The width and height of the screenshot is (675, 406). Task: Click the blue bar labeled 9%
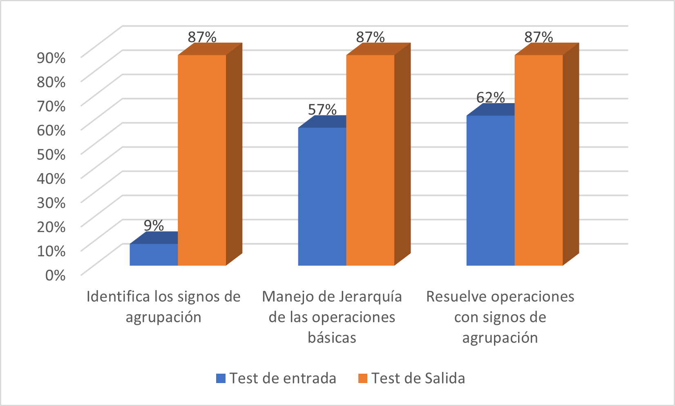coord(154,255)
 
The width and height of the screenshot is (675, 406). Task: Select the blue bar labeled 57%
coord(322,196)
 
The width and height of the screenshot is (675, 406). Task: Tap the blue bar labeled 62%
coord(490,190)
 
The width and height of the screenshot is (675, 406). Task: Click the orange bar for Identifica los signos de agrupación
coord(202,160)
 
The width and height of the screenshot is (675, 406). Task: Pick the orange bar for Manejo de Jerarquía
coord(370,160)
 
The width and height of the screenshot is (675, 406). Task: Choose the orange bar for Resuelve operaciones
coord(539,160)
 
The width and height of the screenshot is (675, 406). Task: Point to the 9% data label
coord(154,226)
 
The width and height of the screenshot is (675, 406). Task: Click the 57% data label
coord(322,110)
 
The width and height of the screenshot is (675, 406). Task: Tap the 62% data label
coord(490,97)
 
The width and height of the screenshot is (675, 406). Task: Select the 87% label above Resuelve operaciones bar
coord(539,37)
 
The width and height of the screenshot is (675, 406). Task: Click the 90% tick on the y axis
coord(51,58)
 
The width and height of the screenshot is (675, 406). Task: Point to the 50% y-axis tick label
coord(51,154)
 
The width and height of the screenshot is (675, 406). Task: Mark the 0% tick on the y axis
coord(55,275)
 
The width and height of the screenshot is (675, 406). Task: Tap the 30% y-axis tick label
coord(51,203)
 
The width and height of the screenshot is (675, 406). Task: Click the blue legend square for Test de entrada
coord(221,378)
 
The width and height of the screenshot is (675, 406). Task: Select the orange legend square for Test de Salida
coord(362,378)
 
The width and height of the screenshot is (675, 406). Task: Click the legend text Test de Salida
coord(418,378)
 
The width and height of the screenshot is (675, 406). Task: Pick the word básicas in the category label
coord(332,338)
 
